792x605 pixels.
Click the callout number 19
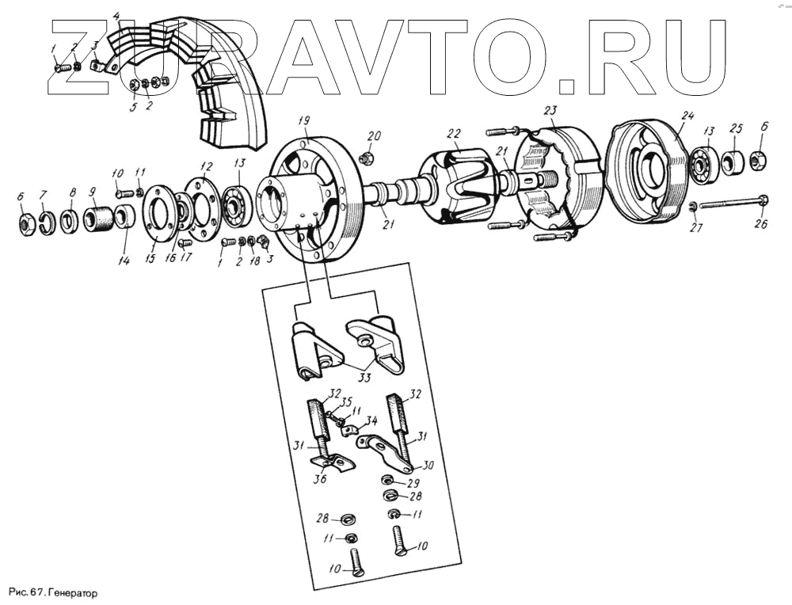click(303, 120)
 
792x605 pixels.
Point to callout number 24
click(687, 116)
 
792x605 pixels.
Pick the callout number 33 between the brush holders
click(364, 377)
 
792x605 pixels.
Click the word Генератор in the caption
click(72, 592)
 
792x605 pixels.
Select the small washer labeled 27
click(694, 207)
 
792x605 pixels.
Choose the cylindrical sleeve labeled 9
click(99, 216)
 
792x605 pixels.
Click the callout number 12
click(207, 166)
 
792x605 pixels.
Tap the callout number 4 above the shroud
click(117, 16)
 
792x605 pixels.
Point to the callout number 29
click(413, 482)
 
